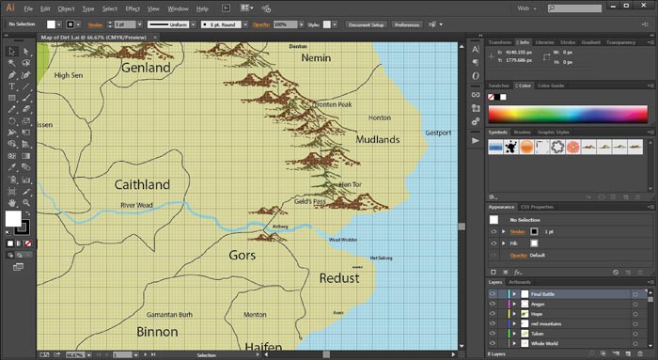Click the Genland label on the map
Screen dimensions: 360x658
coord(146,68)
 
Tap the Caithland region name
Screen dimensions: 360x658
coord(141,184)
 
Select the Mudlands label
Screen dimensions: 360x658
coord(378,140)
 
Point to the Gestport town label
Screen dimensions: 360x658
coord(438,133)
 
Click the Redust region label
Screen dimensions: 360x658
coord(339,278)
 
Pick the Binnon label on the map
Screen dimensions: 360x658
coord(157,332)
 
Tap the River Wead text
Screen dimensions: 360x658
coord(136,204)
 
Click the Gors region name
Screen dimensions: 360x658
coord(243,255)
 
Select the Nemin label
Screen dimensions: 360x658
coord(316,58)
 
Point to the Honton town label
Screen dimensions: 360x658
coord(380,118)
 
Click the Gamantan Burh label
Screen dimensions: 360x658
coord(169,315)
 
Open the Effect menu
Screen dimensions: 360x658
coord(133,8)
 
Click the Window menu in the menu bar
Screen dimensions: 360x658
coord(179,8)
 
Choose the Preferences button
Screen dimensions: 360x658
coord(407,24)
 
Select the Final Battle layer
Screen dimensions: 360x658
coord(543,294)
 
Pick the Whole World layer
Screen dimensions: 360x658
coord(546,345)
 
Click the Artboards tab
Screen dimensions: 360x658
coord(519,282)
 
